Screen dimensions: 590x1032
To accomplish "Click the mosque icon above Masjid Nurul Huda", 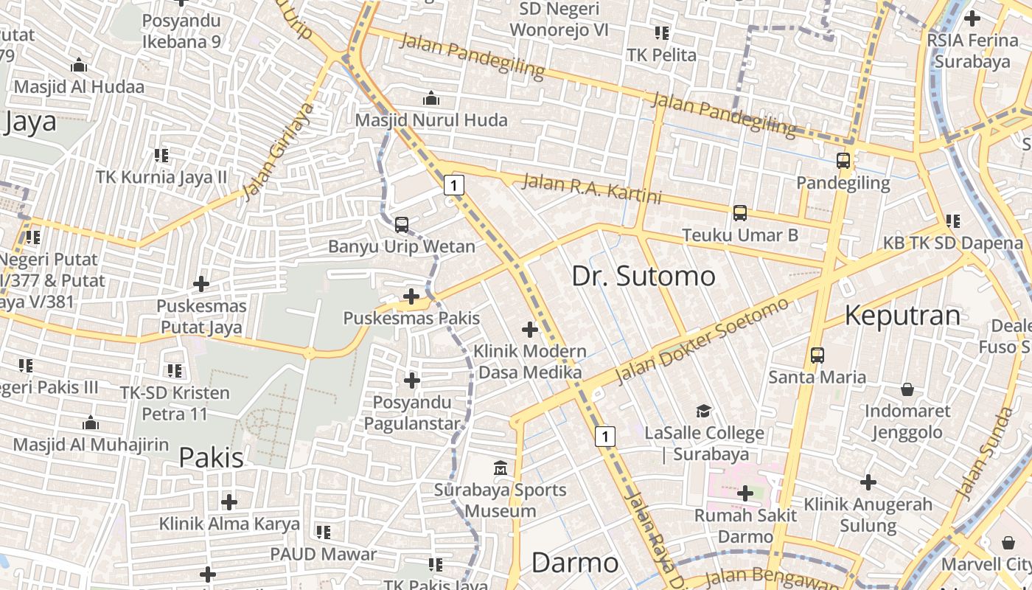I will tap(431, 98).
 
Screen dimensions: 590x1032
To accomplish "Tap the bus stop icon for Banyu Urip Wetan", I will tap(402, 224).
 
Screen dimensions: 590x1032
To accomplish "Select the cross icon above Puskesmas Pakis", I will tap(411, 296).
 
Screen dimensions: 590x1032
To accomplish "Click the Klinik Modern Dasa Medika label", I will tap(530, 361).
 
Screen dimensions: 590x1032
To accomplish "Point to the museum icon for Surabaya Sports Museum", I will tap(501, 468).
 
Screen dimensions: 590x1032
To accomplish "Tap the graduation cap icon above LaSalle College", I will tap(704, 411).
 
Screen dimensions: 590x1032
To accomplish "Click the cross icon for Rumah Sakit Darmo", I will tap(745, 493).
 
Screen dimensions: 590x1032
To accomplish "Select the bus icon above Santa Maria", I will tap(817, 355).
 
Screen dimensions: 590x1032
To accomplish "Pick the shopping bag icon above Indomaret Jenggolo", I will tap(907, 389).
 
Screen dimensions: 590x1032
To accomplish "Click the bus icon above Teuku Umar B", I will tap(739, 213).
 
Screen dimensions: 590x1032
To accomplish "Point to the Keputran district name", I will tap(902, 315).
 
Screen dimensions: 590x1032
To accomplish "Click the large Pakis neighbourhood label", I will tap(211, 457).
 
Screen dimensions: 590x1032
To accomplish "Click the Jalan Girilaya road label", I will tap(279, 152).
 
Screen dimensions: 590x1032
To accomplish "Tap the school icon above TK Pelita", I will tap(661, 33).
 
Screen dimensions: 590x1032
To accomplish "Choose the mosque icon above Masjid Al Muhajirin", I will tap(91, 423).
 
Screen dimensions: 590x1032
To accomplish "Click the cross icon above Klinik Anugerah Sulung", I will tap(868, 482).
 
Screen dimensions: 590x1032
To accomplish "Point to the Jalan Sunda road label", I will tap(984, 453).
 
